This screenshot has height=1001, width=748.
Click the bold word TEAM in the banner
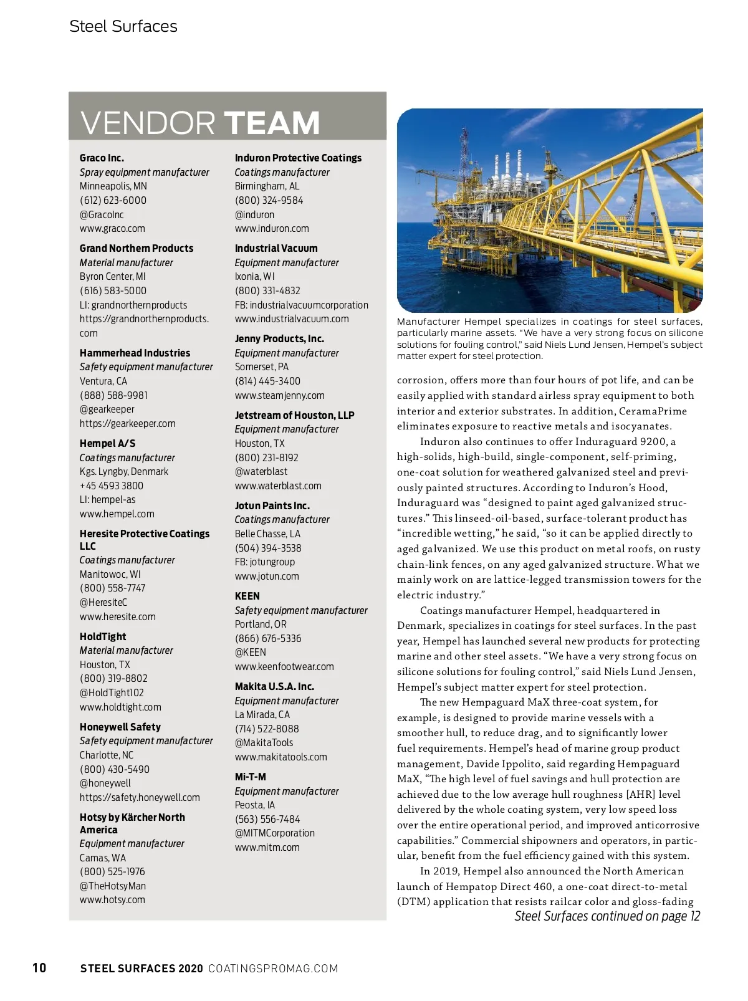pos(272,123)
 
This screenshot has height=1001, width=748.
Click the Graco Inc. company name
pos(102,158)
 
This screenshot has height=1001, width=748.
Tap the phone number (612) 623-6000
pos(113,201)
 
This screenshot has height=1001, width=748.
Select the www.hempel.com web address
pos(117,514)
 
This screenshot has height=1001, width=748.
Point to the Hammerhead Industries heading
pos(135,353)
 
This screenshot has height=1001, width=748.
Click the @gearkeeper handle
pos(107,410)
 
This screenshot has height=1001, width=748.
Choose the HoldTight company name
pos(103,637)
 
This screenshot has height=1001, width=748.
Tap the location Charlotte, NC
pos(106,755)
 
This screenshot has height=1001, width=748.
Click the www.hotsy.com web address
pos(112,900)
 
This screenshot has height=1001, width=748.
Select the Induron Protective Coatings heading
pos(298,158)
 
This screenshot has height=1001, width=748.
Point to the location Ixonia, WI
pos(254,277)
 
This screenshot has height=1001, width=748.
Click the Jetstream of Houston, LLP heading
pos(294,416)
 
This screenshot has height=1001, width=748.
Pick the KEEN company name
pos(247,596)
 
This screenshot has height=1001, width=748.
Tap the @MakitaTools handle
pos(264,743)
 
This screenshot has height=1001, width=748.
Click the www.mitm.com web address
pos(267,848)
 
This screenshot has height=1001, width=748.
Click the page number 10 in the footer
pos(39,968)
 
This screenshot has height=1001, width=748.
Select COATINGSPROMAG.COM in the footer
pos(273,969)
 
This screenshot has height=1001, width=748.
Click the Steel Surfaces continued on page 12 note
pos(607,916)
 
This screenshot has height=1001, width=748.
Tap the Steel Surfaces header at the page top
pos(123,26)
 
